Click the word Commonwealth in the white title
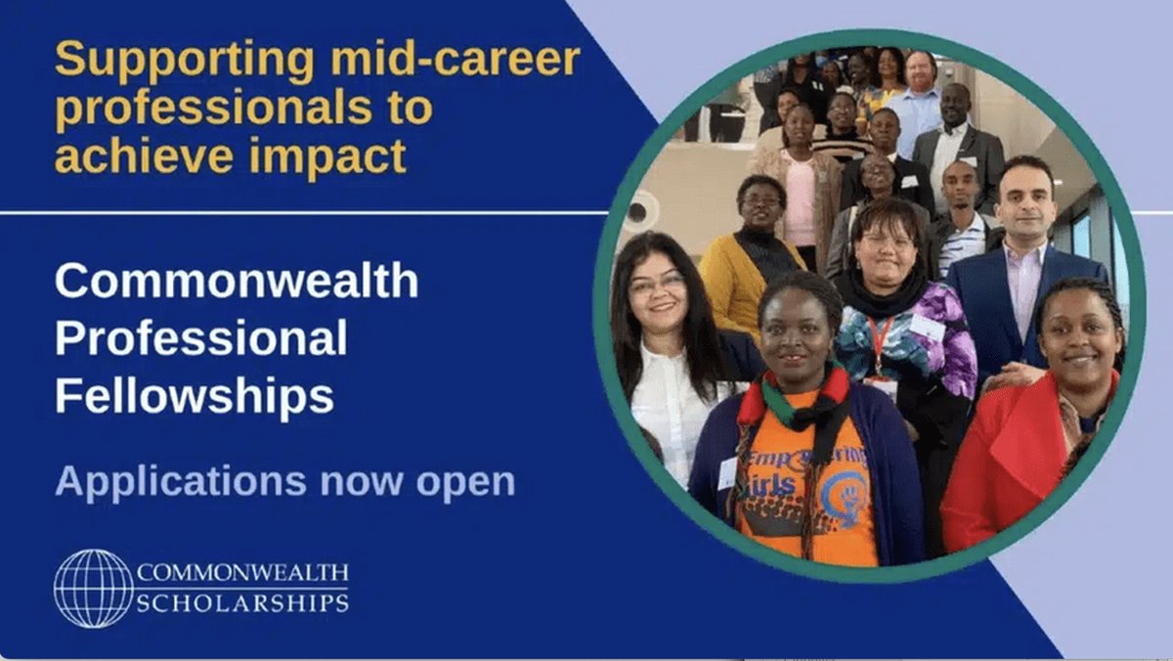(237, 282)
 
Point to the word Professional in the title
(201, 339)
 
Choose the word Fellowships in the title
(195, 397)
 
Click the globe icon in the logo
(93, 588)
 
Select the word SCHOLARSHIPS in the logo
(242, 601)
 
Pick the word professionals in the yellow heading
(243, 108)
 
